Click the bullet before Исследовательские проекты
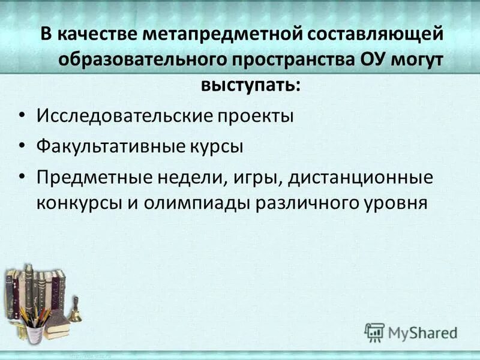22,115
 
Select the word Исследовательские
123,115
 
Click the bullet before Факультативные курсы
22,146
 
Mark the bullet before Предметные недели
22,178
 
